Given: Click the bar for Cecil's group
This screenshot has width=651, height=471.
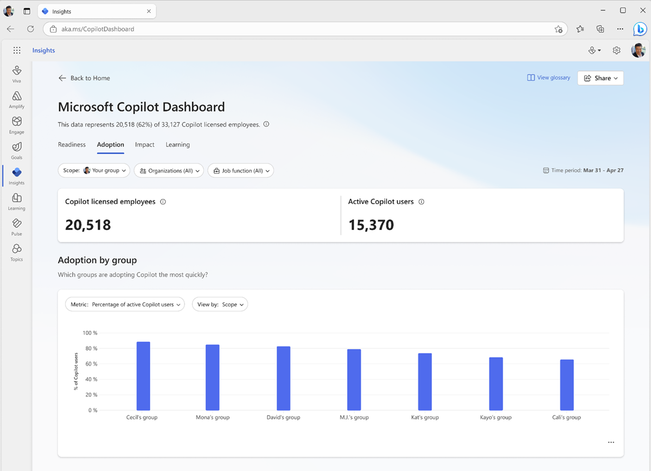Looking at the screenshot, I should pyautogui.click(x=143, y=376).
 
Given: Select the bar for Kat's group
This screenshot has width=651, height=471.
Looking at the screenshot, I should pyautogui.click(x=425, y=381).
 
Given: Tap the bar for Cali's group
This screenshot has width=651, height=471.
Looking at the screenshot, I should pyautogui.click(x=567, y=385).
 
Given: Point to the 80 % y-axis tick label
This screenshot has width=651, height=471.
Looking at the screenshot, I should pyautogui.click(x=90, y=348).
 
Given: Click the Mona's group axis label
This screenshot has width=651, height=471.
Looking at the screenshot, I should pyautogui.click(x=213, y=417).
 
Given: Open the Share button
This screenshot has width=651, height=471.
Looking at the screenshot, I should pyautogui.click(x=601, y=78).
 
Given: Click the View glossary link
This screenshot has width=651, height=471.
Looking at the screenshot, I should pyautogui.click(x=548, y=78).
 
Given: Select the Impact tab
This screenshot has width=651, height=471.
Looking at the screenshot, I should pyautogui.click(x=145, y=145).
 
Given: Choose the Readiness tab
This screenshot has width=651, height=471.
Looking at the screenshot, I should pyautogui.click(x=72, y=145).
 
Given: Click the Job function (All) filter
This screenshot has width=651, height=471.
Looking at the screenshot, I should pyautogui.click(x=240, y=170).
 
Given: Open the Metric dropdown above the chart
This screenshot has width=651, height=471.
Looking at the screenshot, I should pyautogui.click(x=125, y=304).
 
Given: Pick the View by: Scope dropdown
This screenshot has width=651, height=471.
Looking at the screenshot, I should pyautogui.click(x=220, y=304).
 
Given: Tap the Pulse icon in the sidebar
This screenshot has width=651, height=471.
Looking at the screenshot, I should pyautogui.click(x=17, y=224).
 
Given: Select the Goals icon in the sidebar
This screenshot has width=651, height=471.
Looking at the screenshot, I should pyautogui.click(x=17, y=147).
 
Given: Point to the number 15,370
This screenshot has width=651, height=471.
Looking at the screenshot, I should pyautogui.click(x=371, y=225).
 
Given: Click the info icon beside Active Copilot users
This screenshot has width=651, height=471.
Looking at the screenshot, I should pyautogui.click(x=422, y=202).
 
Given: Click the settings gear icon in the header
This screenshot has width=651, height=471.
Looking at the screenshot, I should pyautogui.click(x=616, y=50).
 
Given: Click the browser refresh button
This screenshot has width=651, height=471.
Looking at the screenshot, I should pyautogui.click(x=30, y=29).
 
